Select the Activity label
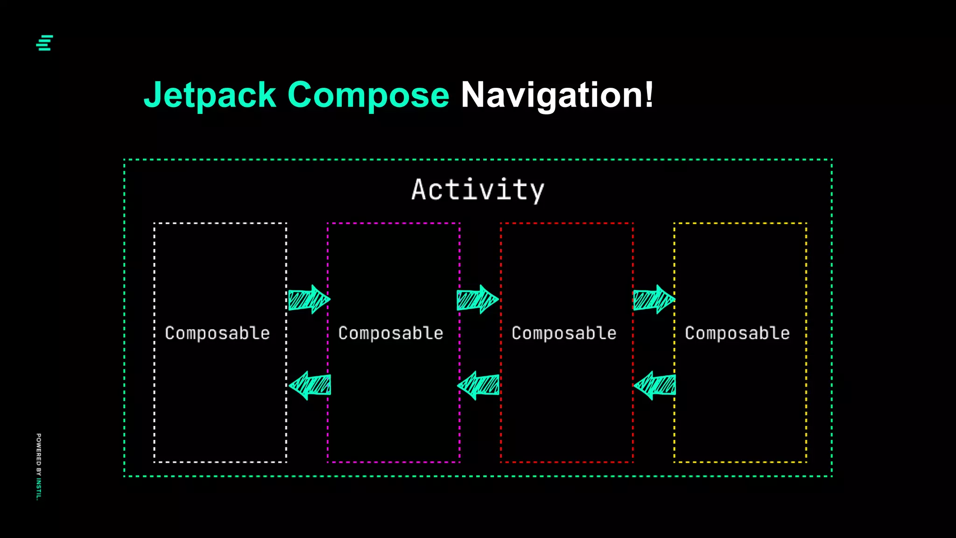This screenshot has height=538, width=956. (478, 190)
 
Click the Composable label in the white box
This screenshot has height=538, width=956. (217, 333)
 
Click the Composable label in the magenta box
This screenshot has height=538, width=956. (391, 333)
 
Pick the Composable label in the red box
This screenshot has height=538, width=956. (564, 333)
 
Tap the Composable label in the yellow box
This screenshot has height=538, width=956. (737, 333)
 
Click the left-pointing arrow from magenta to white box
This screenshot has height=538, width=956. (310, 385)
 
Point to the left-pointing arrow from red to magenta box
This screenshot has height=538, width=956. (478, 385)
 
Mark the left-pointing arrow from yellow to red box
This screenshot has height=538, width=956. (654, 385)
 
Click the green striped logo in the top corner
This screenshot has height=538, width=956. (45, 42)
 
